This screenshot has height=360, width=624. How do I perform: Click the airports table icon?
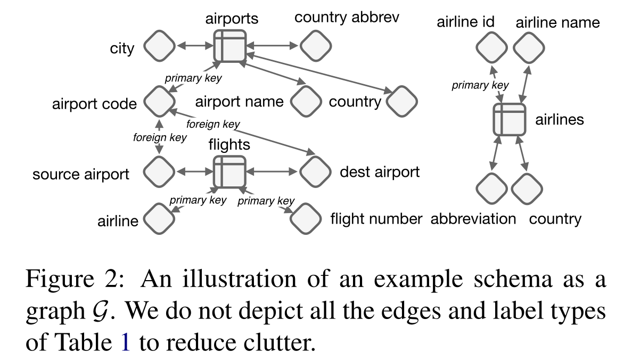[229, 46]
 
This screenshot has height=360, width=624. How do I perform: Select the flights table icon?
[229, 172]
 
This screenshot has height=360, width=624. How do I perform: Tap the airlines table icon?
[509, 119]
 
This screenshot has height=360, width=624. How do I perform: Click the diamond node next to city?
[159, 47]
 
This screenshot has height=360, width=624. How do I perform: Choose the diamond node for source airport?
[159, 172]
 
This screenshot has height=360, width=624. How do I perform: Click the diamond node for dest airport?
[315, 172]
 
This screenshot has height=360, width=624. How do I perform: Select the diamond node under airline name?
[528, 47]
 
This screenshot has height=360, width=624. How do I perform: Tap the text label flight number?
[376, 218]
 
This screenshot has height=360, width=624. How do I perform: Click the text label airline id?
[465, 22]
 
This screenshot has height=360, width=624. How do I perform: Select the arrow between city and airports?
[194, 47]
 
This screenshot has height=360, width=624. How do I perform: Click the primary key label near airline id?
[480, 85]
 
